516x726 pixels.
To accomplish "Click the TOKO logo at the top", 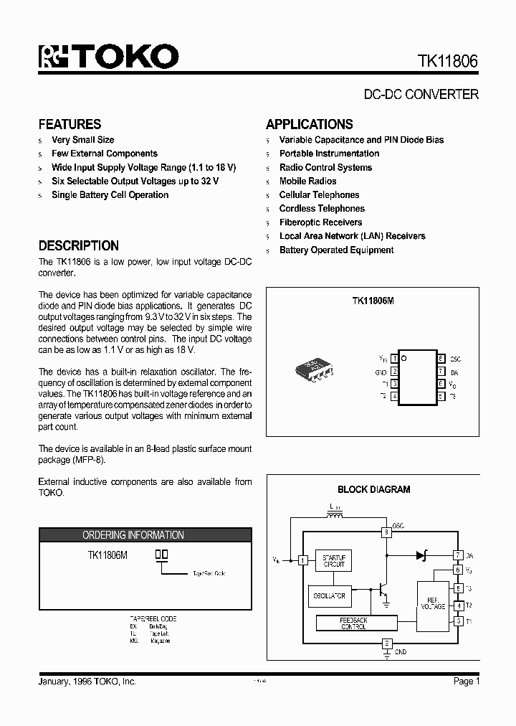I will (108, 57).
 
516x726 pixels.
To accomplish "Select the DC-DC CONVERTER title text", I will (421, 94).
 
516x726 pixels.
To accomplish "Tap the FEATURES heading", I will (70, 124).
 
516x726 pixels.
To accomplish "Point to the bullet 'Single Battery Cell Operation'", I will (110, 195).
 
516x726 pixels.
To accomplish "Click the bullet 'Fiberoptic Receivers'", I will (320, 222).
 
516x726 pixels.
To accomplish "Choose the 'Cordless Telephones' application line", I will (322, 209).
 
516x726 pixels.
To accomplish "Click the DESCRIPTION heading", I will (78, 245).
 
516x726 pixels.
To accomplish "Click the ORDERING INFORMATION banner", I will (133, 535).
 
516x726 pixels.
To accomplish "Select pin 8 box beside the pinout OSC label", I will (441, 358).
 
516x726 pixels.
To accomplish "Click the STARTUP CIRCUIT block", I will (334, 561).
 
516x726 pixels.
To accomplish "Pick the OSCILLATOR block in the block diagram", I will (329, 595).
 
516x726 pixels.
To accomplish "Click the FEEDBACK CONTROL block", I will (353, 623).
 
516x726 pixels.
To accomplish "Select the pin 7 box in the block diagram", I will (458, 555).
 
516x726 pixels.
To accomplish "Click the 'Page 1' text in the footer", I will (466, 681).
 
